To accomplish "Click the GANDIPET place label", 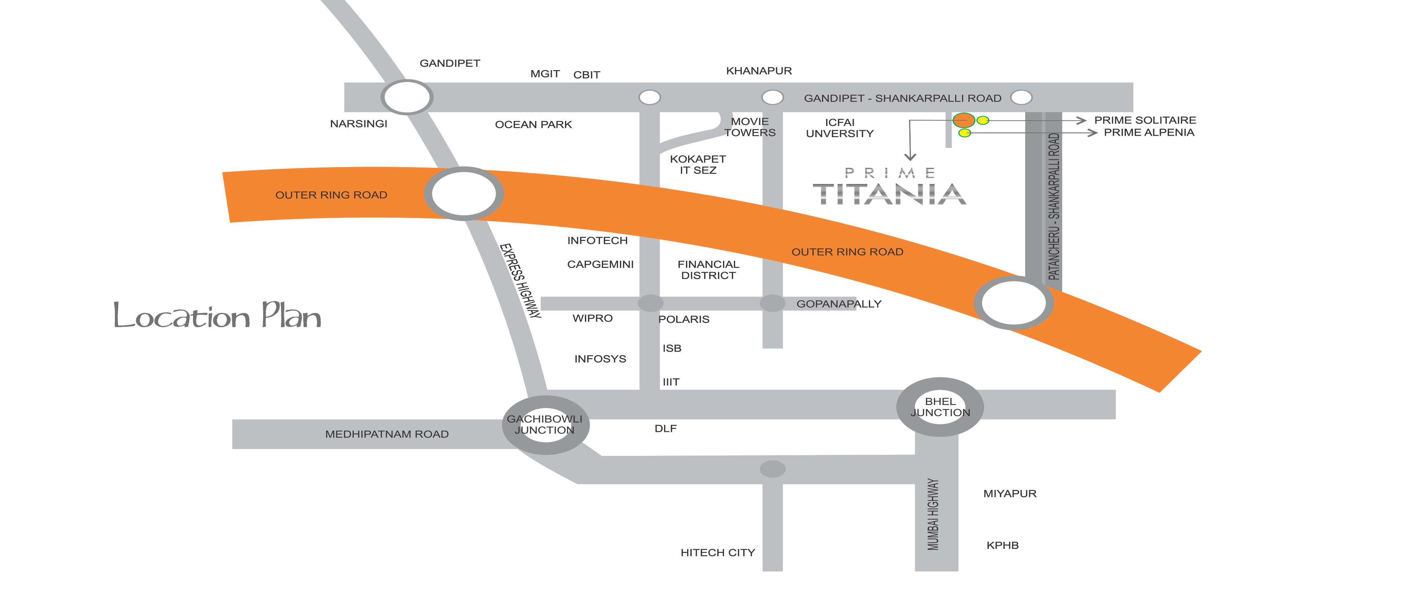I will click(x=449, y=63).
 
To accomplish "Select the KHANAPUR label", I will click(x=759, y=71).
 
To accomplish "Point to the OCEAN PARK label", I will click(x=533, y=125).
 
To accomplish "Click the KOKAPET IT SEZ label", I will click(x=698, y=164).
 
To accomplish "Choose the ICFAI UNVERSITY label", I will click(x=839, y=128).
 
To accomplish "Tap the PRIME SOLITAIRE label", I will click(x=1145, y=120).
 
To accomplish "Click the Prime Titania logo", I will click(x=889, y=187).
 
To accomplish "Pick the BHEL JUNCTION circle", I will click(x=940, y=407).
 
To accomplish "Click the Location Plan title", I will click(x=217, y=316).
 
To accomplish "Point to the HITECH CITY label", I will click(x=717, y=552).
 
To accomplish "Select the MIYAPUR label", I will click(x=1010, y=494).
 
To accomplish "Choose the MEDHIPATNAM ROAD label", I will click(x=387, y=434).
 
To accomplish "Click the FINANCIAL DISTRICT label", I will click(x=708, y=270).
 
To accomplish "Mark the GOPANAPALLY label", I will click(x=839, y=304).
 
